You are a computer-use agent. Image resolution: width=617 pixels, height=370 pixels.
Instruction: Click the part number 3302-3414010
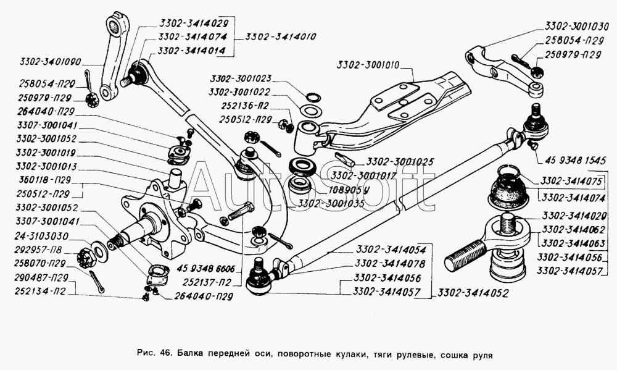[281, 36]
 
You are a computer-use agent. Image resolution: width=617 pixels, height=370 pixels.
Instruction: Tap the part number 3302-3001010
[368, 65]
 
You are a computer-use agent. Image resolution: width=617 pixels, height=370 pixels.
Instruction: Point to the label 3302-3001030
[576, 27]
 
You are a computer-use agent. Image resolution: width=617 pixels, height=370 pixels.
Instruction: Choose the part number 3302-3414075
[571, 181]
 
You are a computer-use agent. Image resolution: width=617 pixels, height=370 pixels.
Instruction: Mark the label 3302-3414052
[473, 293]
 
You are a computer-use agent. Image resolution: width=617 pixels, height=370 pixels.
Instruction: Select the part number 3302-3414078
[389, 263]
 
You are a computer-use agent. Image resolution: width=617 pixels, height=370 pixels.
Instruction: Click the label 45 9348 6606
[206, 269]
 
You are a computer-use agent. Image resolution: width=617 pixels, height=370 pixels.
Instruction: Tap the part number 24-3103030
[41, 237]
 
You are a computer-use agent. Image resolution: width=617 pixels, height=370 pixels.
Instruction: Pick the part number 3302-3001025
[400, 162]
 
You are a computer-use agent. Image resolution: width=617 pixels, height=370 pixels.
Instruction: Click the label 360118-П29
[45, 180]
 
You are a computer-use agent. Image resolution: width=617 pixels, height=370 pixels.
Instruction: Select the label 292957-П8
[38, 251]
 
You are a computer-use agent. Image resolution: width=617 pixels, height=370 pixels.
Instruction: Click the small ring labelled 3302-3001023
[313, 98]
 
